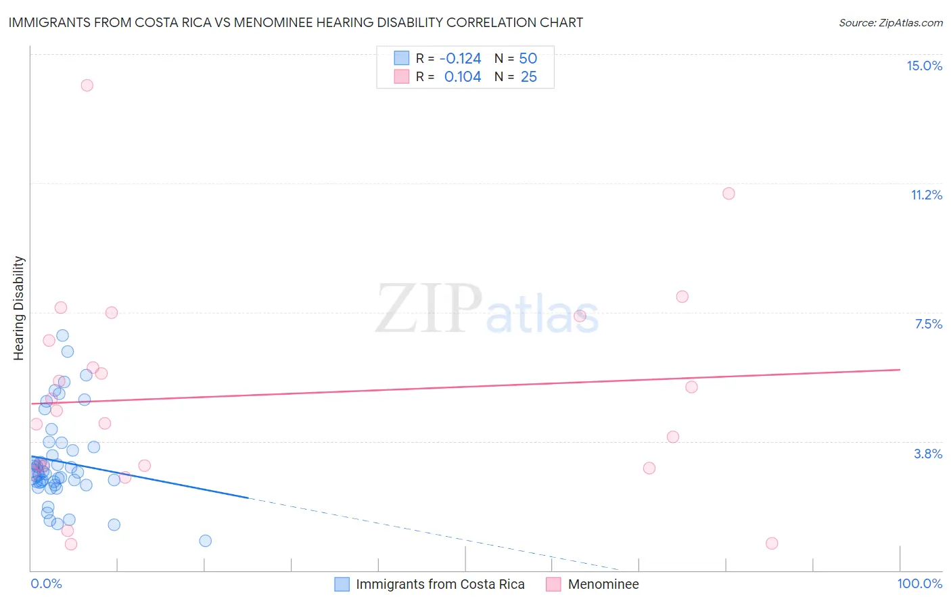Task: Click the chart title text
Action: [296, 22]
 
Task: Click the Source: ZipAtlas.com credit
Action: [890, 22]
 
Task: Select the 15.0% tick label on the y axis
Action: [924, 66]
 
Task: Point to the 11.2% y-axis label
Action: [926, 195]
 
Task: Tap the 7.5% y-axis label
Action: [928, 324]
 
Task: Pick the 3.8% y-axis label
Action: [928, 454]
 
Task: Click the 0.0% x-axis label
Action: [46, 583]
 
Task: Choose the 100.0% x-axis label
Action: [919, 583]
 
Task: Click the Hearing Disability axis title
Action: [19, 308]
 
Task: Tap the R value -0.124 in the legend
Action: [460, 59]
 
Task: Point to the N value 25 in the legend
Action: [528, 77]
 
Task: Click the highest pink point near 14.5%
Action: [87, 85]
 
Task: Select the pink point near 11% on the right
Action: [728, 193]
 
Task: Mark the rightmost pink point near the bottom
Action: [772, 544]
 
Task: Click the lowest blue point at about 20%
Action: [206, 541]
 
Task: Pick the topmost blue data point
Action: [62, 335]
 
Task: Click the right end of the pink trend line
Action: [900, 370]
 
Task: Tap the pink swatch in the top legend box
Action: [402, 77]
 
